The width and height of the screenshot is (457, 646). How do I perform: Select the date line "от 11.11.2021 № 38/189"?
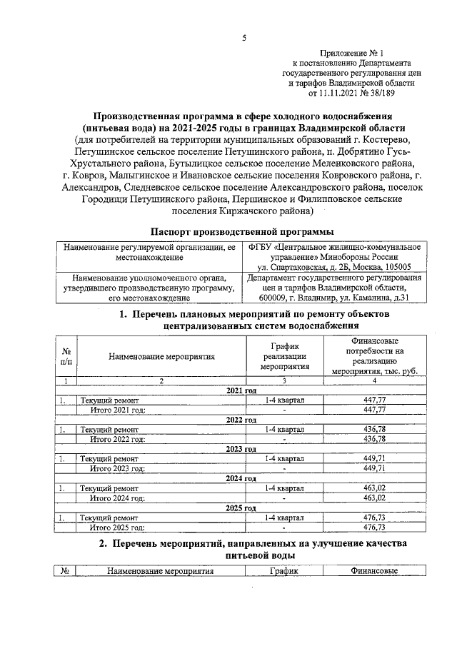click(x=353, y=93)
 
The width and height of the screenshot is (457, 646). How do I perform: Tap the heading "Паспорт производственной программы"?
click(x=243, y=231)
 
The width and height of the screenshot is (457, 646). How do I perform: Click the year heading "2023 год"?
click(x=241, y=449)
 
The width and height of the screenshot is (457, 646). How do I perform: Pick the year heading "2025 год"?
click(x=241, y=508)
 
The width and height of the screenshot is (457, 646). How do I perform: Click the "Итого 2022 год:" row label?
click(x=117, y=439)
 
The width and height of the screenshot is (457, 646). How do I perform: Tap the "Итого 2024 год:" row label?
click(x=117, y=498)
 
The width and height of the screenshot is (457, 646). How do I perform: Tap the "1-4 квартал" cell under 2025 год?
click(x=284, y=518)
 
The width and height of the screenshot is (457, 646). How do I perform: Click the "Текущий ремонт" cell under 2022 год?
click(x=109, y=430)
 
